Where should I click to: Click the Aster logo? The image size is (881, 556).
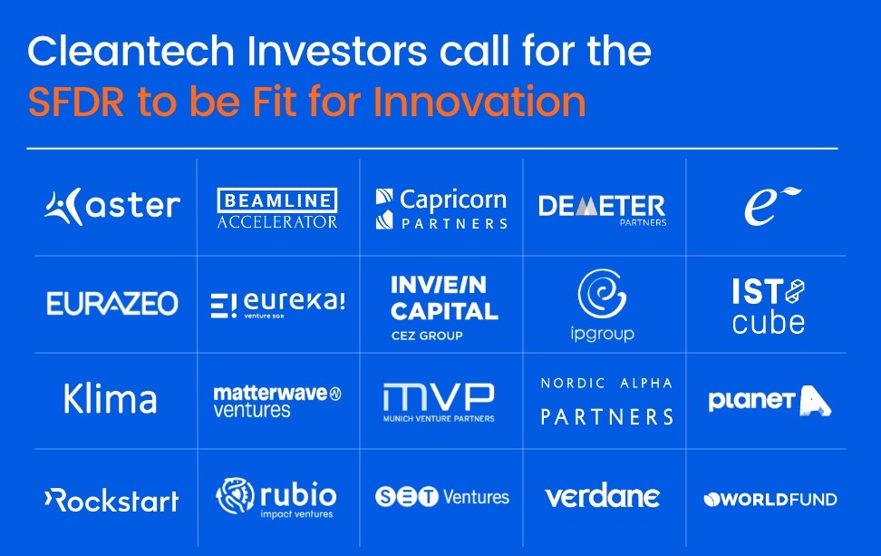(112, 206)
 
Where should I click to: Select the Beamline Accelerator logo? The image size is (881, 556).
(277, 208)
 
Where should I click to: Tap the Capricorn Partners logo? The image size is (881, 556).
(441, 209)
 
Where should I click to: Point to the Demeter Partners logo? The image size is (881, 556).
(603, 210)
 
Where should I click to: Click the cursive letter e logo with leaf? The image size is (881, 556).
(772, 206)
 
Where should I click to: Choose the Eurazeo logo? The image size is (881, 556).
(112, 304)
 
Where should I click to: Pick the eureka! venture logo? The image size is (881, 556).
(277, 305)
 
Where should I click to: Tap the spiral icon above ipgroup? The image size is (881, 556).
(602, 294)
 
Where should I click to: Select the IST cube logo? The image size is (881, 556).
(768, 306)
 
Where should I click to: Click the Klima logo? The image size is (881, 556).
(111, 398)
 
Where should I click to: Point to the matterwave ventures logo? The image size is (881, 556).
(277, 402)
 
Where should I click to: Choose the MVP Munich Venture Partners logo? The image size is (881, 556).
(439, 403)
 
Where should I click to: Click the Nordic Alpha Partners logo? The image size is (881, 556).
(606, 401)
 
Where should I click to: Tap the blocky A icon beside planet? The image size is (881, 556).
(815, 401)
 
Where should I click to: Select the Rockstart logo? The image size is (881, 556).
(111, 500)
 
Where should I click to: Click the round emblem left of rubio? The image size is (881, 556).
(235, 496)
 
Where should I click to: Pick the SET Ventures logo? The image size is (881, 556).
(442, 497)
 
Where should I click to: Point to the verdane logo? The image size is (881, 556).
(603, 496)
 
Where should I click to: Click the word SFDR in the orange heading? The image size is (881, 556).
(76, 102)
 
